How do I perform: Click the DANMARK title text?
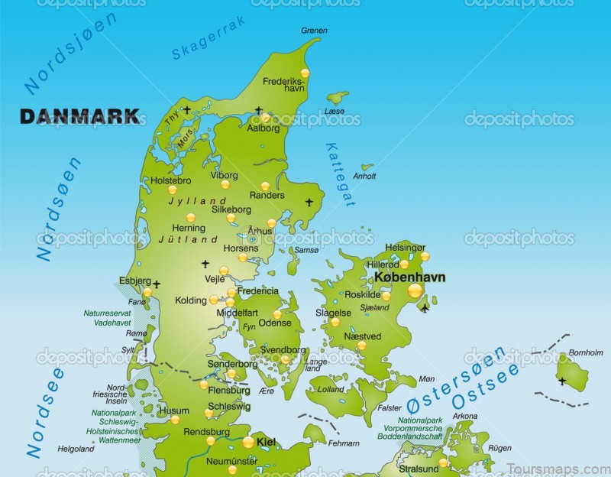(x=80, y=117)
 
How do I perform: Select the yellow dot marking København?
(x=415, y=290)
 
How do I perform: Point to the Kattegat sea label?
(x=340, y=174)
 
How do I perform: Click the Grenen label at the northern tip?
(x=313, y=31)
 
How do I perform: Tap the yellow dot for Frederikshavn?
(x=305, y=73)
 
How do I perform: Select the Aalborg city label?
(x=263, y=128)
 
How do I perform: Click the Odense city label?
(x=275, y=323)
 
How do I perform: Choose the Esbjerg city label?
(x=134, y=281)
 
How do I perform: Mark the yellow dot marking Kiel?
(x=248, y=442)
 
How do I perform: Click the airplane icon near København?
(x=425, y=308)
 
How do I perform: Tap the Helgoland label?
(x=76, y=449)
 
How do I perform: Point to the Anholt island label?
(x=365, y=176)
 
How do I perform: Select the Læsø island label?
(x=335, y=111)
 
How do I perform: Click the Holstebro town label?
(x=170, y=180)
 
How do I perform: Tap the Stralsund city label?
(x=418, y=468)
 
